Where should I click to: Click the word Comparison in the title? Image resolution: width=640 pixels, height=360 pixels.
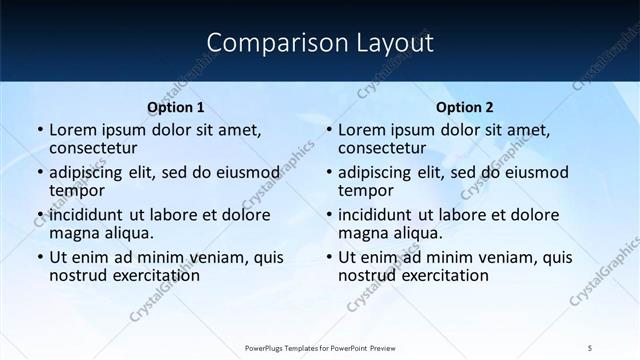coord(267,43)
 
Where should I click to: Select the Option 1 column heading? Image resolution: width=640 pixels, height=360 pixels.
coord(176,107)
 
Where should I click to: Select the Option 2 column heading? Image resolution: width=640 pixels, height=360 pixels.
coord(465,107)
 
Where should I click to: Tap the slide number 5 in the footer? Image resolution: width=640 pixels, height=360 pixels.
coord(591,348)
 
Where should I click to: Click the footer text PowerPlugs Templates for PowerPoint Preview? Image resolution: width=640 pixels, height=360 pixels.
coord(319,348)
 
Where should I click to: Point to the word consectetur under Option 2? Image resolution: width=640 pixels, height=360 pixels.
coord(383,148)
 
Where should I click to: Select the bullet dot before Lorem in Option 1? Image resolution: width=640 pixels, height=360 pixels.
coord(39,130)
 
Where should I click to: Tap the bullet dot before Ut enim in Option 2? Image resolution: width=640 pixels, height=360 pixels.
coord(328,257)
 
